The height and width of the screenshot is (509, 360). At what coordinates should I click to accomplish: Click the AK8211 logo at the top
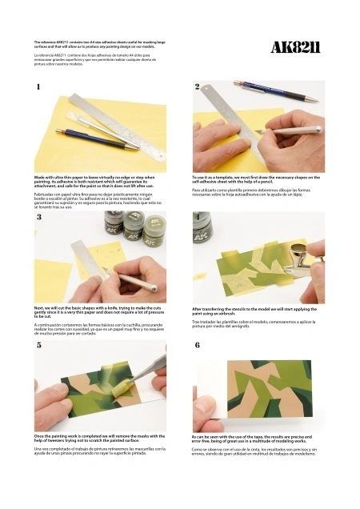(296, 49)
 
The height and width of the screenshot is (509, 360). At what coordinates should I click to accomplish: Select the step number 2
(198, 86)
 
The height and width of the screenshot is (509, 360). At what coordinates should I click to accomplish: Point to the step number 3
(38, 217)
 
